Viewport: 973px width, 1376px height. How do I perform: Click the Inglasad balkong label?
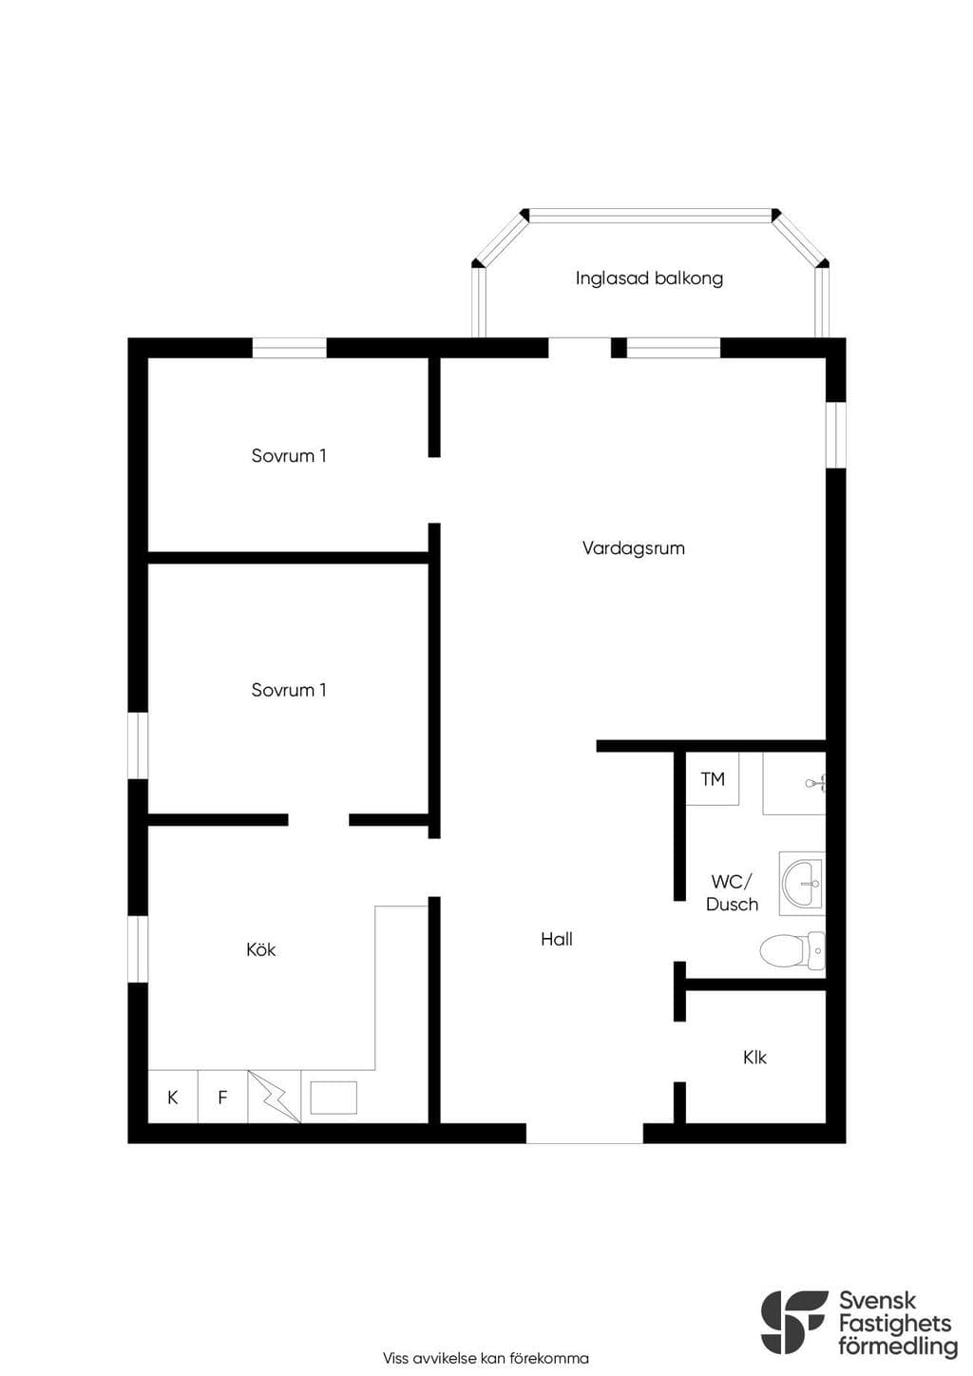[649, 278]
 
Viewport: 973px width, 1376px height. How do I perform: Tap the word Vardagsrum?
[634, 548]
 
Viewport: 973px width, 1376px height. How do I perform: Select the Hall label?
[557, 939]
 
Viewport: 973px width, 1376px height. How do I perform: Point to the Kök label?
[260, 949]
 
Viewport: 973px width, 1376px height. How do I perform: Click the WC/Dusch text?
[732, 892]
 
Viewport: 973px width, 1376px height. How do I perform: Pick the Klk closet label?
[754, 1058]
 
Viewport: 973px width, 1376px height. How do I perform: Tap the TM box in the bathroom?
[713, 779]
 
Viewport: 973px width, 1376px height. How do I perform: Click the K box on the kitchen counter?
[173, 1097]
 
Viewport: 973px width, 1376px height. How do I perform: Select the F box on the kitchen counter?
[222, 1097]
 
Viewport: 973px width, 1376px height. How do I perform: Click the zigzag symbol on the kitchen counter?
[274, 1097]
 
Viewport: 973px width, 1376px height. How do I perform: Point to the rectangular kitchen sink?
[334, 1098]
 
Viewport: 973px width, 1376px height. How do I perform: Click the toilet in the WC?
[792, 951]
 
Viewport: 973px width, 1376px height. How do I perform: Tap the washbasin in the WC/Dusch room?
[802, 884]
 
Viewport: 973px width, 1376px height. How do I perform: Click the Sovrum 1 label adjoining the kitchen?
[288, 690]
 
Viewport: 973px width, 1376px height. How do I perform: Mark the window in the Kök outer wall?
[138, 949]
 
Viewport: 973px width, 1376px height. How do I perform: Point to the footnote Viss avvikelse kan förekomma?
[486, 1358]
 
